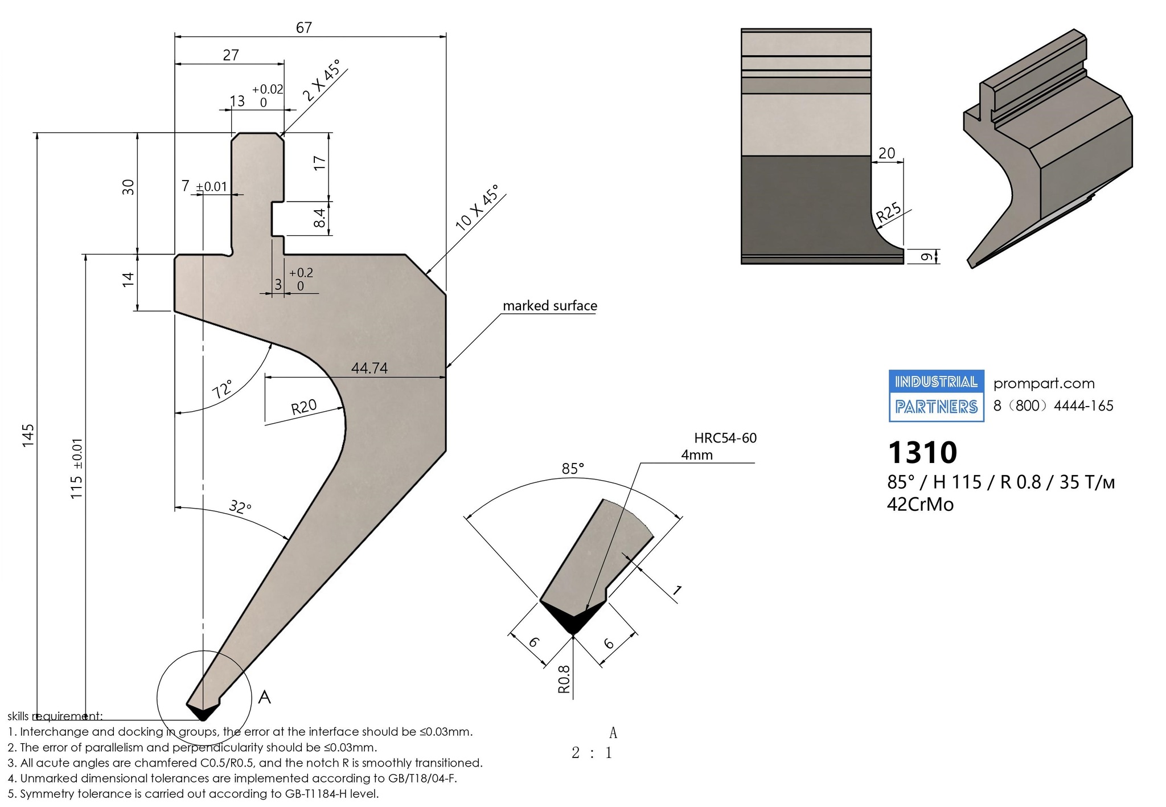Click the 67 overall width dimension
(304, 27)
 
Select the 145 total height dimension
(28, 435)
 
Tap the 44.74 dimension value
(369, 368)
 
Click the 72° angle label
(223, 390)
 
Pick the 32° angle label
(240, 507)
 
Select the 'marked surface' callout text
(550, 306)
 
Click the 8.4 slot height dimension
(320, 218)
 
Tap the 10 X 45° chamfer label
(477, 208)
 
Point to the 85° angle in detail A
(573, 469)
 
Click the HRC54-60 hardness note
(725, 438)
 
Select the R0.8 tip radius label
(564, 679)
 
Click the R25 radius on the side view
(889, 212)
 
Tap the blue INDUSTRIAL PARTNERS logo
(937, 396)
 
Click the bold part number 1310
(922, 453)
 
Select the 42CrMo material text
(920, 505)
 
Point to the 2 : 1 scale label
(592, 753)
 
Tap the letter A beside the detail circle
(264, 697)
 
